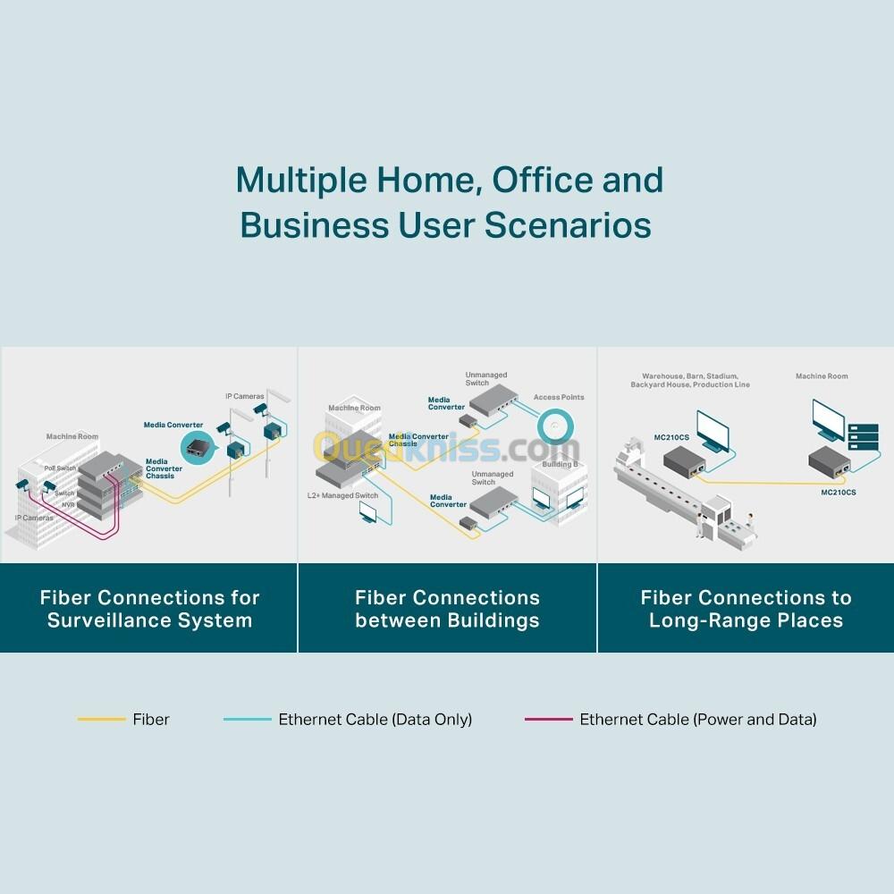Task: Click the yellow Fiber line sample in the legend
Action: point(101,719)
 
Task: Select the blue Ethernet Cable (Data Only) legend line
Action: point(247,719)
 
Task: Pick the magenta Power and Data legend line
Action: point(548,719)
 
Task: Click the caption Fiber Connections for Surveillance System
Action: point(149,609)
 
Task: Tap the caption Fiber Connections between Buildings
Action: point(447,609)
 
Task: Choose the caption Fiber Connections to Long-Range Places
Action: point(746,609)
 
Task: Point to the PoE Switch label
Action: point(61,468)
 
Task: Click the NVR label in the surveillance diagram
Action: point(67,505)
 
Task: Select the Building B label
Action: point(559,465)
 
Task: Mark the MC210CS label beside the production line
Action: point(671,437)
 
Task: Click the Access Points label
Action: point(559,397)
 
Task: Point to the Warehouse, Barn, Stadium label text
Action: point(689,376)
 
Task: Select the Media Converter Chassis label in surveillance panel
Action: point(163,468)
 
